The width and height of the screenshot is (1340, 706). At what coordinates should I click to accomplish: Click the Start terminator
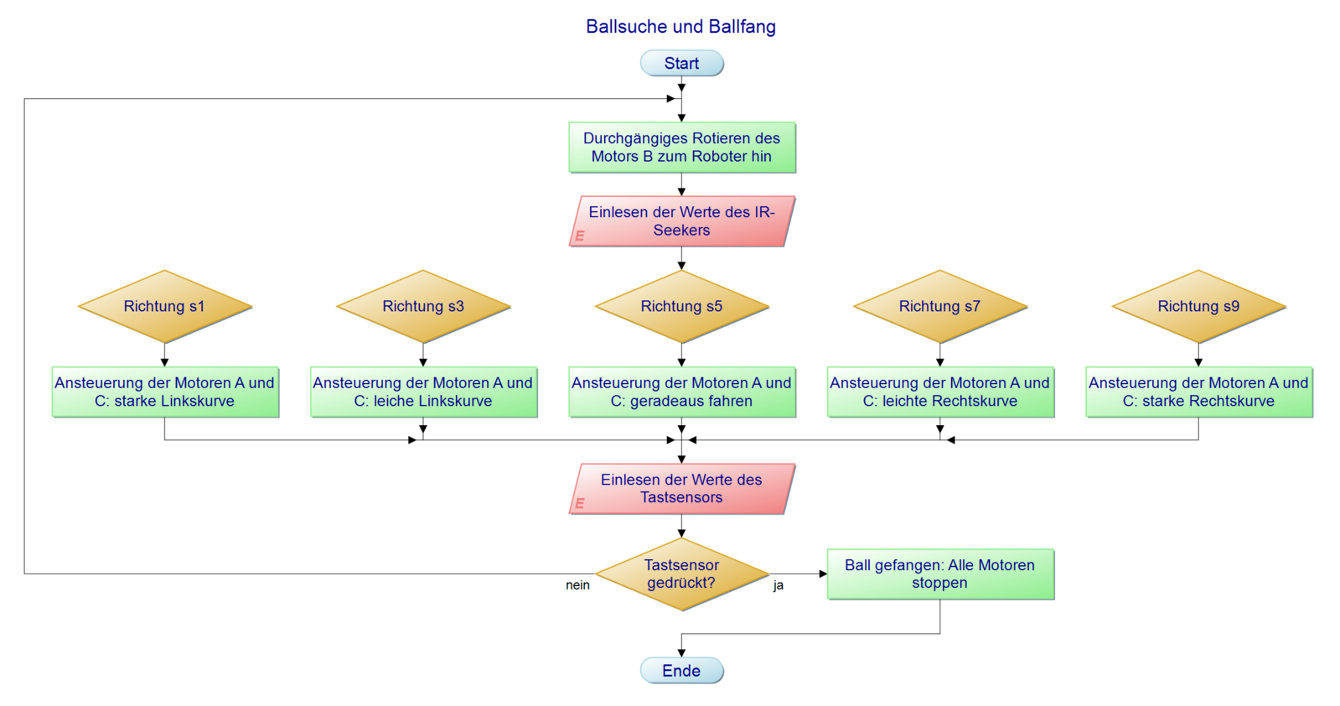(681, 64)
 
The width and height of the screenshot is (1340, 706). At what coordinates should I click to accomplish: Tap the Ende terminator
(681, 671)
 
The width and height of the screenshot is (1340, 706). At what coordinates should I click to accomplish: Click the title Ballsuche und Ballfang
(680, 27)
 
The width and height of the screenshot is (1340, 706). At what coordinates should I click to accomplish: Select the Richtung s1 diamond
(164, 307)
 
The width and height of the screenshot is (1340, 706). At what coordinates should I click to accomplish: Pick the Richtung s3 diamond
(423, 307)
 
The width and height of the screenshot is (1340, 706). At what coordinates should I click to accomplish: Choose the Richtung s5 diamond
(681, 307)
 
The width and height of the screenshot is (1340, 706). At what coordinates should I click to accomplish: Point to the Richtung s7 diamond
(939, 307)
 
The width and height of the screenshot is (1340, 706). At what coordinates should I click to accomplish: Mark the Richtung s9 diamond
(1198, 307)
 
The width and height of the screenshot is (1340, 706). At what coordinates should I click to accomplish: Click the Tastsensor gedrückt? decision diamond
(681, 574)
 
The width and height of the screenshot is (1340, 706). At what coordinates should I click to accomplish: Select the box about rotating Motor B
(681, 148)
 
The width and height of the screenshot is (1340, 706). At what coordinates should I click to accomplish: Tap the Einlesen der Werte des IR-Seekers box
(681, 221)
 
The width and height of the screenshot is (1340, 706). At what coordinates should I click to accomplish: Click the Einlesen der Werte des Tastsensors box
(681, 489)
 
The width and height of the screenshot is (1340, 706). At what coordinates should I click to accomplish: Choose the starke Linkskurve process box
(164, 392)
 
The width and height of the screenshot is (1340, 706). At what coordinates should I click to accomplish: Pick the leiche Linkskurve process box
(423, 392)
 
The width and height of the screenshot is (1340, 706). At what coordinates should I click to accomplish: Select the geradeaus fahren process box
(681, 392)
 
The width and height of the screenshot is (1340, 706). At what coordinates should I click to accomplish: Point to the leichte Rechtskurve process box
(939, 392)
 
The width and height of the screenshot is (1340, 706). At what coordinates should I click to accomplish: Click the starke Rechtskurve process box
(1198, 392)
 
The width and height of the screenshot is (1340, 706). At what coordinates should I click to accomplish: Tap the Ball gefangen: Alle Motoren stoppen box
(939, 574)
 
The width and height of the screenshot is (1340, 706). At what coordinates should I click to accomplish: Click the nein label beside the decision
(577, 585)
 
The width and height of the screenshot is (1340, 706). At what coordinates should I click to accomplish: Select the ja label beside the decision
(779, 585)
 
